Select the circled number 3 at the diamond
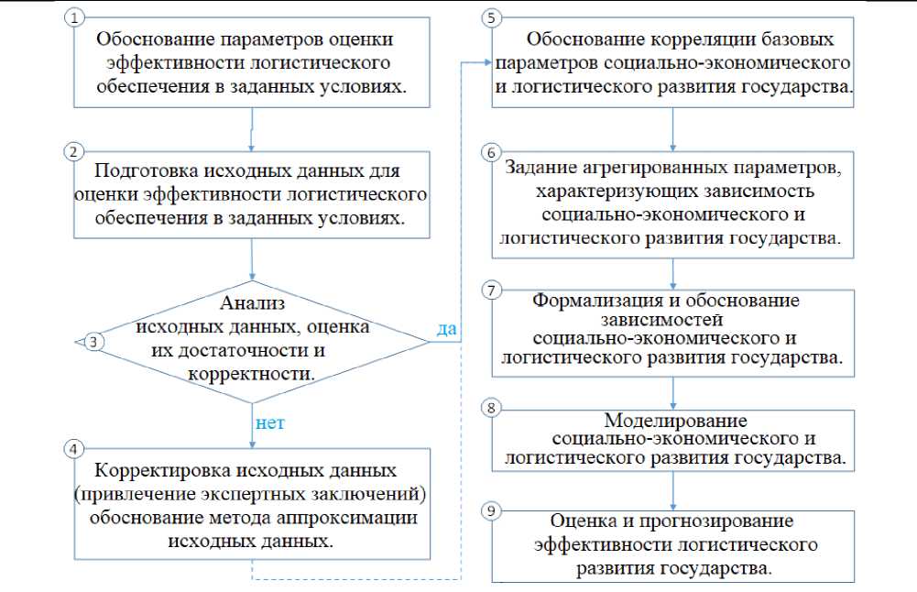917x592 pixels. point(93,342)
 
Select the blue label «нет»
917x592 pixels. point(270,423)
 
